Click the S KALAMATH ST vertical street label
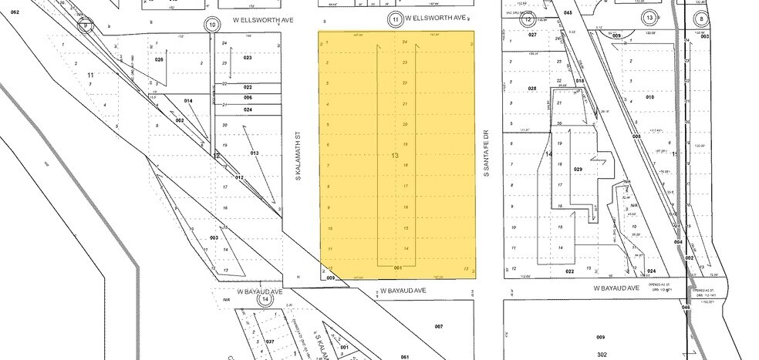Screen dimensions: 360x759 (297, 154)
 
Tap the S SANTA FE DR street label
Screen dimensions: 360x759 (487, 153)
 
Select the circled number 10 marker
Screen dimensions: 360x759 (212, 25)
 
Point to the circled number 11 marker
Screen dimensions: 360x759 (395, 19)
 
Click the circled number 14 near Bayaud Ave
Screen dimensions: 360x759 (266, 299)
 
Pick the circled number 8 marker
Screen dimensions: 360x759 (701, 19)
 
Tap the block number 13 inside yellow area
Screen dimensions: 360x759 (396, 156)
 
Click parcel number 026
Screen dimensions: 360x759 (160, 59)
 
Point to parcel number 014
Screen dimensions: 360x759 (188, 101)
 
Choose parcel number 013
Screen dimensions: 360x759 (254, 153)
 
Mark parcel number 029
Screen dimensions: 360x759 (578, 168)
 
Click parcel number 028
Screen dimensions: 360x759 (531, 89)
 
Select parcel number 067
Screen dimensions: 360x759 (439, 326)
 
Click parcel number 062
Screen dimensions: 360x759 (14, 12)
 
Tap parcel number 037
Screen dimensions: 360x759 (270, 341)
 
